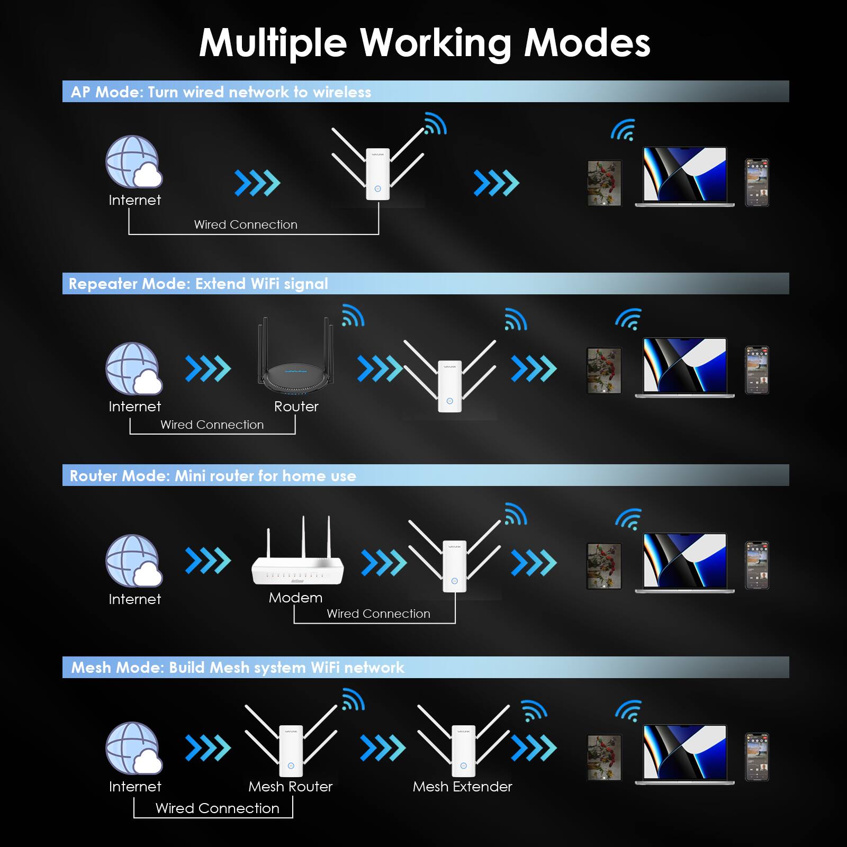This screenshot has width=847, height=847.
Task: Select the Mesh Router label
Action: click(x=290, y=787)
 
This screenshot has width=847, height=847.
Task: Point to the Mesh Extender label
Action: click(x=462, y=787)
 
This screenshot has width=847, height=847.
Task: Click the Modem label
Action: click(x=295, y=598)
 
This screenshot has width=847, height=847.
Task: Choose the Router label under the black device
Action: click(x=296, y=407)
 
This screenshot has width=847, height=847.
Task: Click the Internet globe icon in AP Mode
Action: click(x=134, y=162)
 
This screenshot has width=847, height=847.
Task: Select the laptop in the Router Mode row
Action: click(x=684, y=563)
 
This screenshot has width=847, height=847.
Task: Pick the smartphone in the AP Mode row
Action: click(x=756, y=183)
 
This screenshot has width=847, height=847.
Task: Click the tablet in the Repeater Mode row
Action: click(x=604, y=371)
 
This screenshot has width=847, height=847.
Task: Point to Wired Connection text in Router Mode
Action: click(x=379, y=614)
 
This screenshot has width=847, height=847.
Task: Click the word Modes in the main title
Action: click(x=587, y=42)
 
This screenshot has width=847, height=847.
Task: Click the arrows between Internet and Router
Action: click(x=208, y=369)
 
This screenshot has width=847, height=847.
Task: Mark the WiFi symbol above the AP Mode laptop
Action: click(x=624, y=130)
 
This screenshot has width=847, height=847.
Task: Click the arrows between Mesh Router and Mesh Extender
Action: click(x=383, y=748)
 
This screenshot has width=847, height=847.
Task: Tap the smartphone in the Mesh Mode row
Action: click(x=756, y=757)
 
